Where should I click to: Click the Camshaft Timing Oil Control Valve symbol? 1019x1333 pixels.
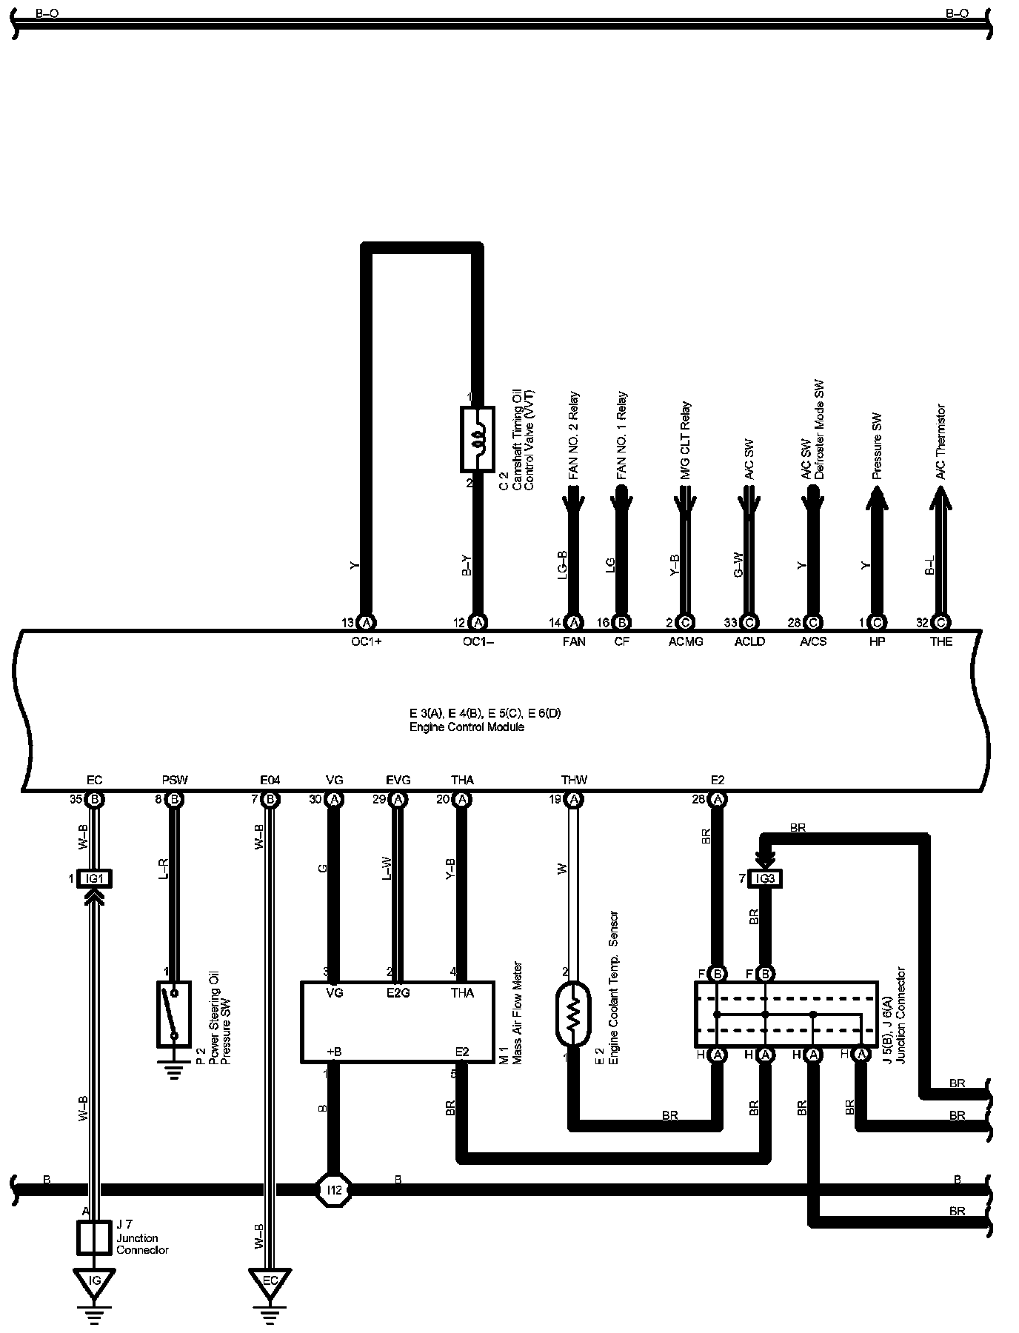pyautogui.click(x=478, y=438)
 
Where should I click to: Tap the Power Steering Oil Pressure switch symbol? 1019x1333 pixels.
pyautogui.click(x=174, y=1014)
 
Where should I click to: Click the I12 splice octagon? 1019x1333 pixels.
pyautogui.click(x=334, y=1191)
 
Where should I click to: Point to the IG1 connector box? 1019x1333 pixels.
pyautogui.click(x=94, y=878)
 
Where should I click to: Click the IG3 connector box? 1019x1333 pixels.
pyautogui.click(x=766, y=878)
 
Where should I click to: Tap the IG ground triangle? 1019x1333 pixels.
pyautogui.click(x=94, y=1281)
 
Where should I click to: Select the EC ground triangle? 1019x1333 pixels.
pyautogui.click(x=270, y=1281)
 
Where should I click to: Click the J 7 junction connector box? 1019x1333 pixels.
pyautogui.click(x=94, y=1237)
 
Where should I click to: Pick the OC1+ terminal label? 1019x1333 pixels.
pyautogui.click(x=366, y=641)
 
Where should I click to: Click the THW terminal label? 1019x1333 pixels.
pyautogui.click(x=574, y=780)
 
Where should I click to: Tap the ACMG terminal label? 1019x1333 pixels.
pyautogui.click(x=686, y=641)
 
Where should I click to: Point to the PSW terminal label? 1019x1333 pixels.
pyautogui.click(x=175, y=780)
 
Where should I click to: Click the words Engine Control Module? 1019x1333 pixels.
pyautogui.click(x=467, y=727)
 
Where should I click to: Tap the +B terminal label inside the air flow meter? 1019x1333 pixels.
pyautogui.click(x=334, y=1052)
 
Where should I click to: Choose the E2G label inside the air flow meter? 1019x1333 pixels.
pyautogui.click(x=398, y=993)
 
